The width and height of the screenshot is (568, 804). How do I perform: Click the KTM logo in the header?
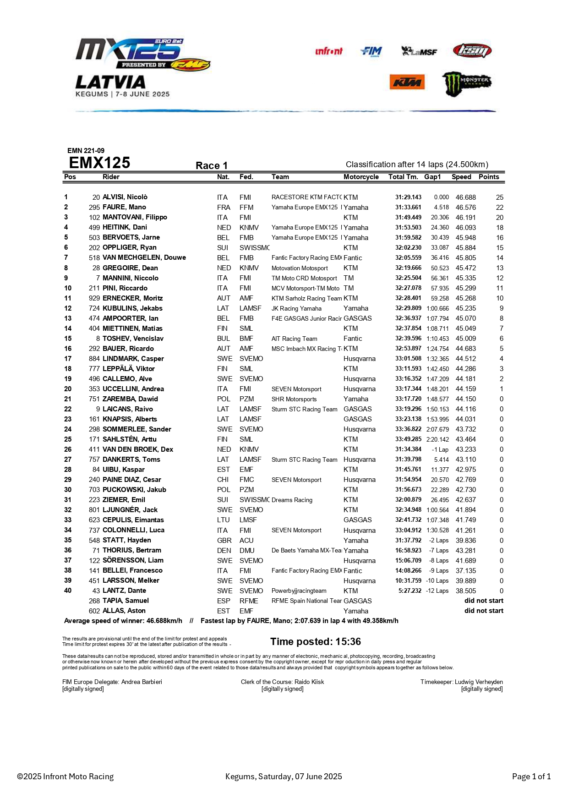[407, 82]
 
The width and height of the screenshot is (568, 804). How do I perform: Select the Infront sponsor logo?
[328, 51]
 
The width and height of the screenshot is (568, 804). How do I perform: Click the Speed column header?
[461, 177]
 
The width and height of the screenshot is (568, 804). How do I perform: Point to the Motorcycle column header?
[361, 177]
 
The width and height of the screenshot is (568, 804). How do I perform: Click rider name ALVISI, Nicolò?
[125, 197]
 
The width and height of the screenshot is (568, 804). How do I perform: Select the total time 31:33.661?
[408, 207]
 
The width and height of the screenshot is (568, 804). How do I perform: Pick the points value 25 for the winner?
[499, 197]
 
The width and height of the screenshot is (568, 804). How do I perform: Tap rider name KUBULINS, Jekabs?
[132, 308]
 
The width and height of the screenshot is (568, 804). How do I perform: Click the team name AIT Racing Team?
[294, 339]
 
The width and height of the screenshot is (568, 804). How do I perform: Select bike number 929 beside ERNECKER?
[94, 298]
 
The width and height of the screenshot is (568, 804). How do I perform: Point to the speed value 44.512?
[465, 359]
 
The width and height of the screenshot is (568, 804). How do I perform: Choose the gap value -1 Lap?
[440, 449]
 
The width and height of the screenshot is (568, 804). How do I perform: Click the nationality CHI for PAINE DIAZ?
[223, 480]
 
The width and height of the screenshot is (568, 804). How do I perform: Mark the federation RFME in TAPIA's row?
[249, 601]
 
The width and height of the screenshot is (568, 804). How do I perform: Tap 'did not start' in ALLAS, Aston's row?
[484, 611]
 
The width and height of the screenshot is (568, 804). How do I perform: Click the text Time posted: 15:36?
[316, 641]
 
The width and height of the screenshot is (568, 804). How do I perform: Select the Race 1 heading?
[212, 165]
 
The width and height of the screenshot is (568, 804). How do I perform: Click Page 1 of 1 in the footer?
[531, 777]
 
